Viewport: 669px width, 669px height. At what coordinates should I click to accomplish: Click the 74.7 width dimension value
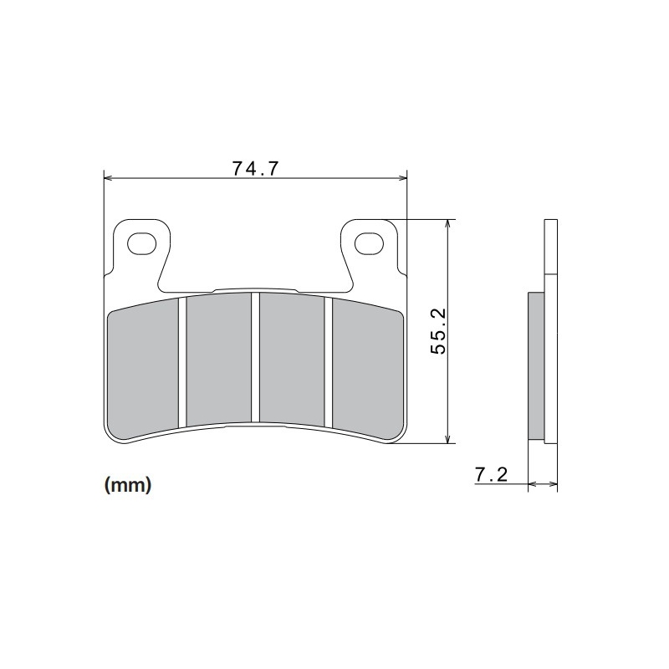click(x=254, y=167)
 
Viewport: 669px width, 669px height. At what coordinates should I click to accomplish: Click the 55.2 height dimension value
click(x=440, y=331)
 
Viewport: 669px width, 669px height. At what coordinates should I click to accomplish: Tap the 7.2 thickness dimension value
click(x=491, y=475)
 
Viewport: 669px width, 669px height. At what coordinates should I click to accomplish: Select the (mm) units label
click(x=127, y=485)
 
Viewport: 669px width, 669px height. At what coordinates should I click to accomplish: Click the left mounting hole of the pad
click(x=141, y=243)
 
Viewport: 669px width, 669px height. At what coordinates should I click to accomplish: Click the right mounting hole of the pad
click(x=368, y=243)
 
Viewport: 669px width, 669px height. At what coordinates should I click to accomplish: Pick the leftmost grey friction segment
click(x=144, y=368)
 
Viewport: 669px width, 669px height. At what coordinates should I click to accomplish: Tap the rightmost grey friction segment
click(x=366, y=368)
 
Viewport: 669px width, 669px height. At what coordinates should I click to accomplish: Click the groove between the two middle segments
click(x=255, y=358)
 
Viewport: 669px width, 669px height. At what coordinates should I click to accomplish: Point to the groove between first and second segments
click(x=181, y=361)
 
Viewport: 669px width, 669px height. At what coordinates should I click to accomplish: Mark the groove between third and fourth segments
click(x=329, y=361)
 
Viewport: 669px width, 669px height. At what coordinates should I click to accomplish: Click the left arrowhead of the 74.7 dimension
click(x=107, y=177)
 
